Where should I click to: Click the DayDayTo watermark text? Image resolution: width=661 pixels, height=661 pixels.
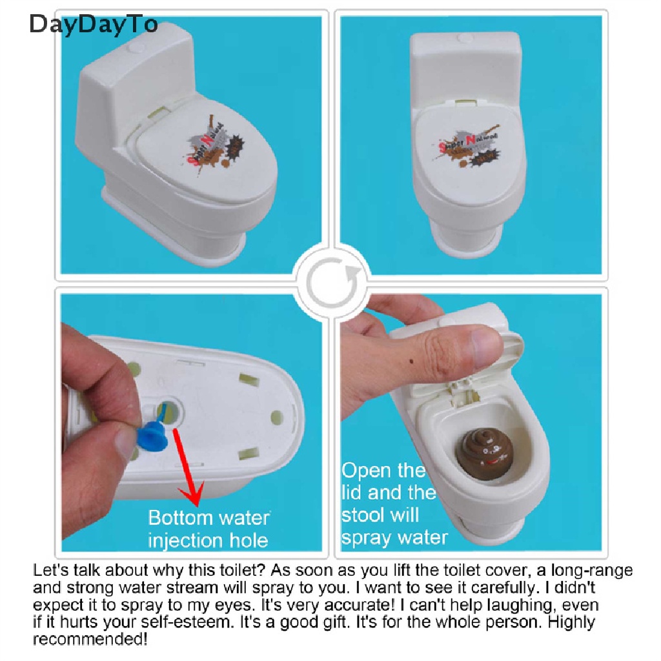coord(94,24)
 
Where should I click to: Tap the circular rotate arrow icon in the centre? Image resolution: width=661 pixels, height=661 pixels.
coord(330,281)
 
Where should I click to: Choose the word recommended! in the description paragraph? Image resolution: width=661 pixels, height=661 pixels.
coord(90,640)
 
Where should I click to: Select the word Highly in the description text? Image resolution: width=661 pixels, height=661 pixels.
coord(573,623)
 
